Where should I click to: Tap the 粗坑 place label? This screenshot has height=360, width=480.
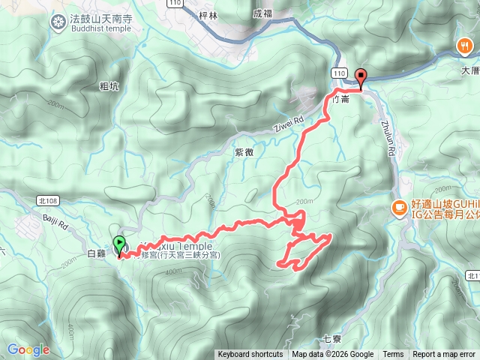tap(109, 86)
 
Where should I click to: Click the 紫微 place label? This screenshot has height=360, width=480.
tap(244, 151)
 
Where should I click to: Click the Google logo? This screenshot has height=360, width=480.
tap(28, 349)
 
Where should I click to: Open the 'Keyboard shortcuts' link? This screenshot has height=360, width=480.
tap(250, 355)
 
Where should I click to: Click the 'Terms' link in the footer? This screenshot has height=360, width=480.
tap(393, 355)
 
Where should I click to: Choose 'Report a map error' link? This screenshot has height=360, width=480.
tap(444, 355)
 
